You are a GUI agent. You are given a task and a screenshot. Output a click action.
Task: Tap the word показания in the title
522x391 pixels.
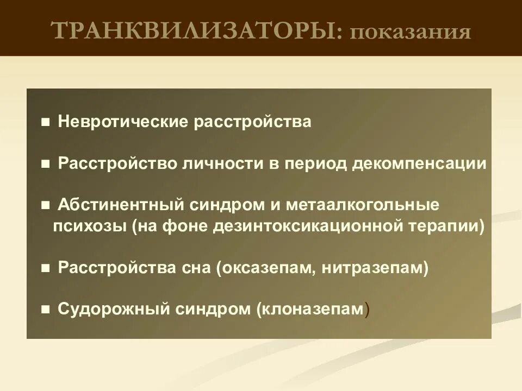410,31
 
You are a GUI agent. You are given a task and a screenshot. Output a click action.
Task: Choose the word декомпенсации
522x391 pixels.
419,163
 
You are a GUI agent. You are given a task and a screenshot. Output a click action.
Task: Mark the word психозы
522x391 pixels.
89,225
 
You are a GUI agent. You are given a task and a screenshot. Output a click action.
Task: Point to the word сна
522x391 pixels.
196,267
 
